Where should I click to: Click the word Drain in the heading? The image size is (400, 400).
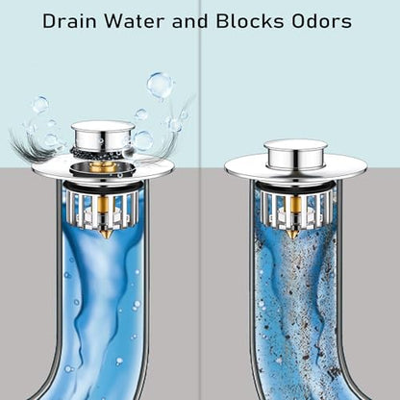coord(69,21)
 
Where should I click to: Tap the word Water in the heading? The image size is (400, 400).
coord(135,21)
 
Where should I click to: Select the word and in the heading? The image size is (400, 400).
coord(190,21)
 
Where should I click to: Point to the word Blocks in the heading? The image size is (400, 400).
coord(250,21)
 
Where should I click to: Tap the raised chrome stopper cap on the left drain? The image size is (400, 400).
coord(103,136)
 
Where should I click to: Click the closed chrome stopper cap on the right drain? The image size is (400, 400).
coord(295,156)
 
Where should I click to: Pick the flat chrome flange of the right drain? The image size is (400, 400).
coord(243,168)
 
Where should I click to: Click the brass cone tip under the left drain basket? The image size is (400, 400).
coord(104,235)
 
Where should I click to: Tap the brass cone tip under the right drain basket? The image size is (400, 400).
coord(292,234)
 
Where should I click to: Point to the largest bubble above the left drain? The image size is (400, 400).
coord(160,84)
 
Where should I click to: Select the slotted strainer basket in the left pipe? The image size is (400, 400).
coord(102,209)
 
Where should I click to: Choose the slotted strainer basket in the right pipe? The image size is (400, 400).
coord(293,209)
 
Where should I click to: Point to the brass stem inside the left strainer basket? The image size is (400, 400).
coord(104,212)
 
